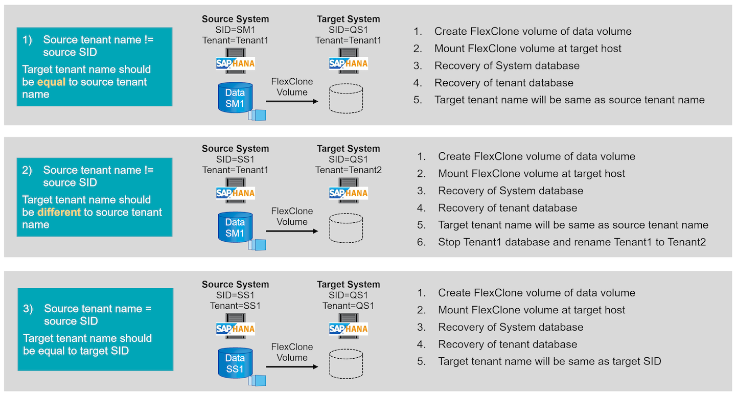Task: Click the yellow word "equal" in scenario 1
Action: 51,82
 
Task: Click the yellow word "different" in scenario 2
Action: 59,212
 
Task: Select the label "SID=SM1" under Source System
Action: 235,30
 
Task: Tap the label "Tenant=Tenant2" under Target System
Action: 348,170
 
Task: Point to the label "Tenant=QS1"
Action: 348,306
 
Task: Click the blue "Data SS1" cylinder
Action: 235,362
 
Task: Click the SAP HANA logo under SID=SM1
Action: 235,63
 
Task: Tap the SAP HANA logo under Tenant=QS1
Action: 348,328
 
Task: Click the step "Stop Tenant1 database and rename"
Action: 571,242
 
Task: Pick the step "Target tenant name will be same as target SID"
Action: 549,361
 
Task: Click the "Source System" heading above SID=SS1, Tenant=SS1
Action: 235,284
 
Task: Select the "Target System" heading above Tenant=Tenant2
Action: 348,149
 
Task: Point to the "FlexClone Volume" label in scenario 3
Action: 292,352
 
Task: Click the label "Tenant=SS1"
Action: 235,306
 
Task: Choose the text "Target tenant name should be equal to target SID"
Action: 87,344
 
